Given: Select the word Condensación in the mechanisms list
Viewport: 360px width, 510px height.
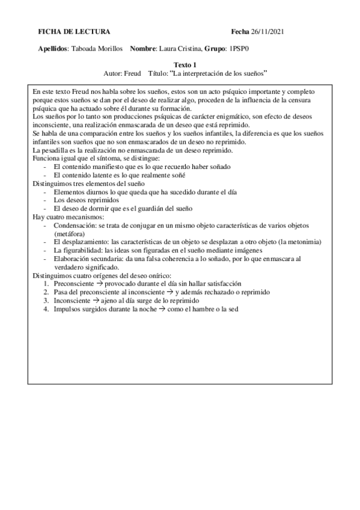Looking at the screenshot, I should [x=75, y=225].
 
